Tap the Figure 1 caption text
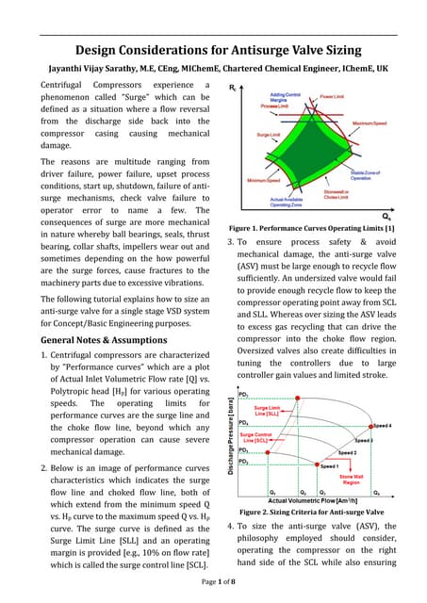(310, 203)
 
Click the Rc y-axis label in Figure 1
(233, 87)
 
